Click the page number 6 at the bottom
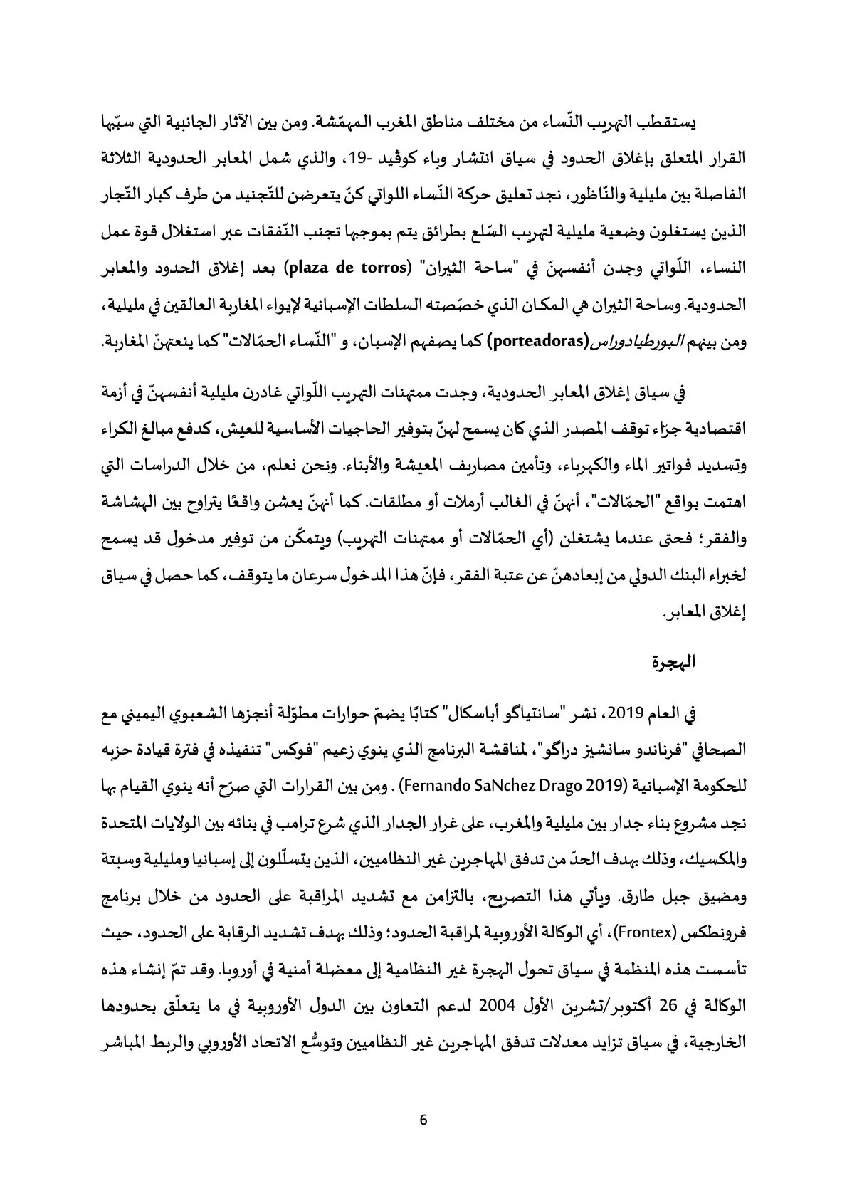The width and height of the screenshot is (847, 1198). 423,1119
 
